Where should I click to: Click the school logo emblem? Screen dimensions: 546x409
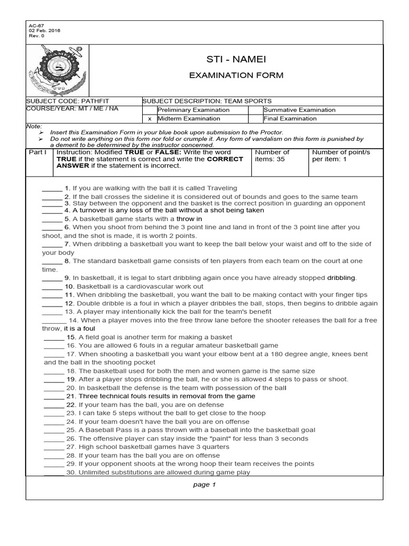point(57,70)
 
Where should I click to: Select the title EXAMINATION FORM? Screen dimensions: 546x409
point(236,75)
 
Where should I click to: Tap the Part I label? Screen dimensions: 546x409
point(38,152)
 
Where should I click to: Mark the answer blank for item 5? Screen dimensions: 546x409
point(52,219)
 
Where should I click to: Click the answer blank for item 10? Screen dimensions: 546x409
point(52,286)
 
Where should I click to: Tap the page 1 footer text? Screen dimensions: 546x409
point(204,485)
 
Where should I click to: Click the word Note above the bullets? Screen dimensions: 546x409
point(33,126)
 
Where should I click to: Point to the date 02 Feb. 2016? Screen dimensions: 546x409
point(44,30)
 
